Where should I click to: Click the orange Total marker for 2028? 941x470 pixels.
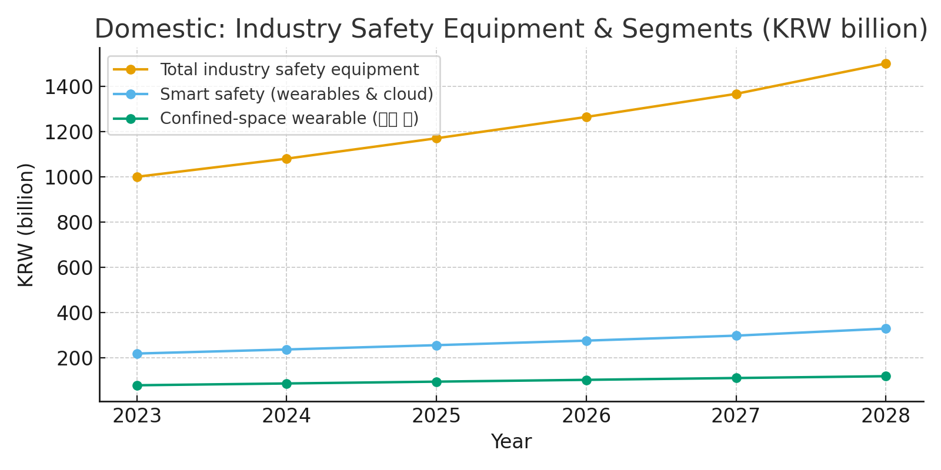(x=886, y=63)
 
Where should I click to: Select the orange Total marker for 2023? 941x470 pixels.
(x=137, y=177)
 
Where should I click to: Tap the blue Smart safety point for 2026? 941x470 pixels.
(x=586, y=341)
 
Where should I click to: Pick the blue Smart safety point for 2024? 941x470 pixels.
(x=286, y=350)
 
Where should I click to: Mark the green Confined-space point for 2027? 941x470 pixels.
(x=736, y=378)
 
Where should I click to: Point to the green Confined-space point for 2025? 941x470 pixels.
(x=436, y=382)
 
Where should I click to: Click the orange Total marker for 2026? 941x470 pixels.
(x=586, y=117)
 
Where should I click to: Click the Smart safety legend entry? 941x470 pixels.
(x=296, y=94)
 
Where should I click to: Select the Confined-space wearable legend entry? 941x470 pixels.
(x=289, y=118)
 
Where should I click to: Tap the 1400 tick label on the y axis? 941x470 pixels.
(x=69, y=87)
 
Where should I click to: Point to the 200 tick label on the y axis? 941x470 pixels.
(x=75, y=358)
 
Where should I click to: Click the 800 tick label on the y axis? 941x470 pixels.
(x=75, y=223)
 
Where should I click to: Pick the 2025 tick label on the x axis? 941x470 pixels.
(x=436, y=417)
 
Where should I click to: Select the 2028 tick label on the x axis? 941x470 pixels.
(x=886, y=417)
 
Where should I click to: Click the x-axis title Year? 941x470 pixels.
(x=511, y=442)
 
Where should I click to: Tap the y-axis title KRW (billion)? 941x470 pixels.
(x=26, y=225)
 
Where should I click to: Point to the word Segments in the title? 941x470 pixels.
(x=687, y=29)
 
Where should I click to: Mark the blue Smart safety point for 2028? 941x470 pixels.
(x=886, y=328)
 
